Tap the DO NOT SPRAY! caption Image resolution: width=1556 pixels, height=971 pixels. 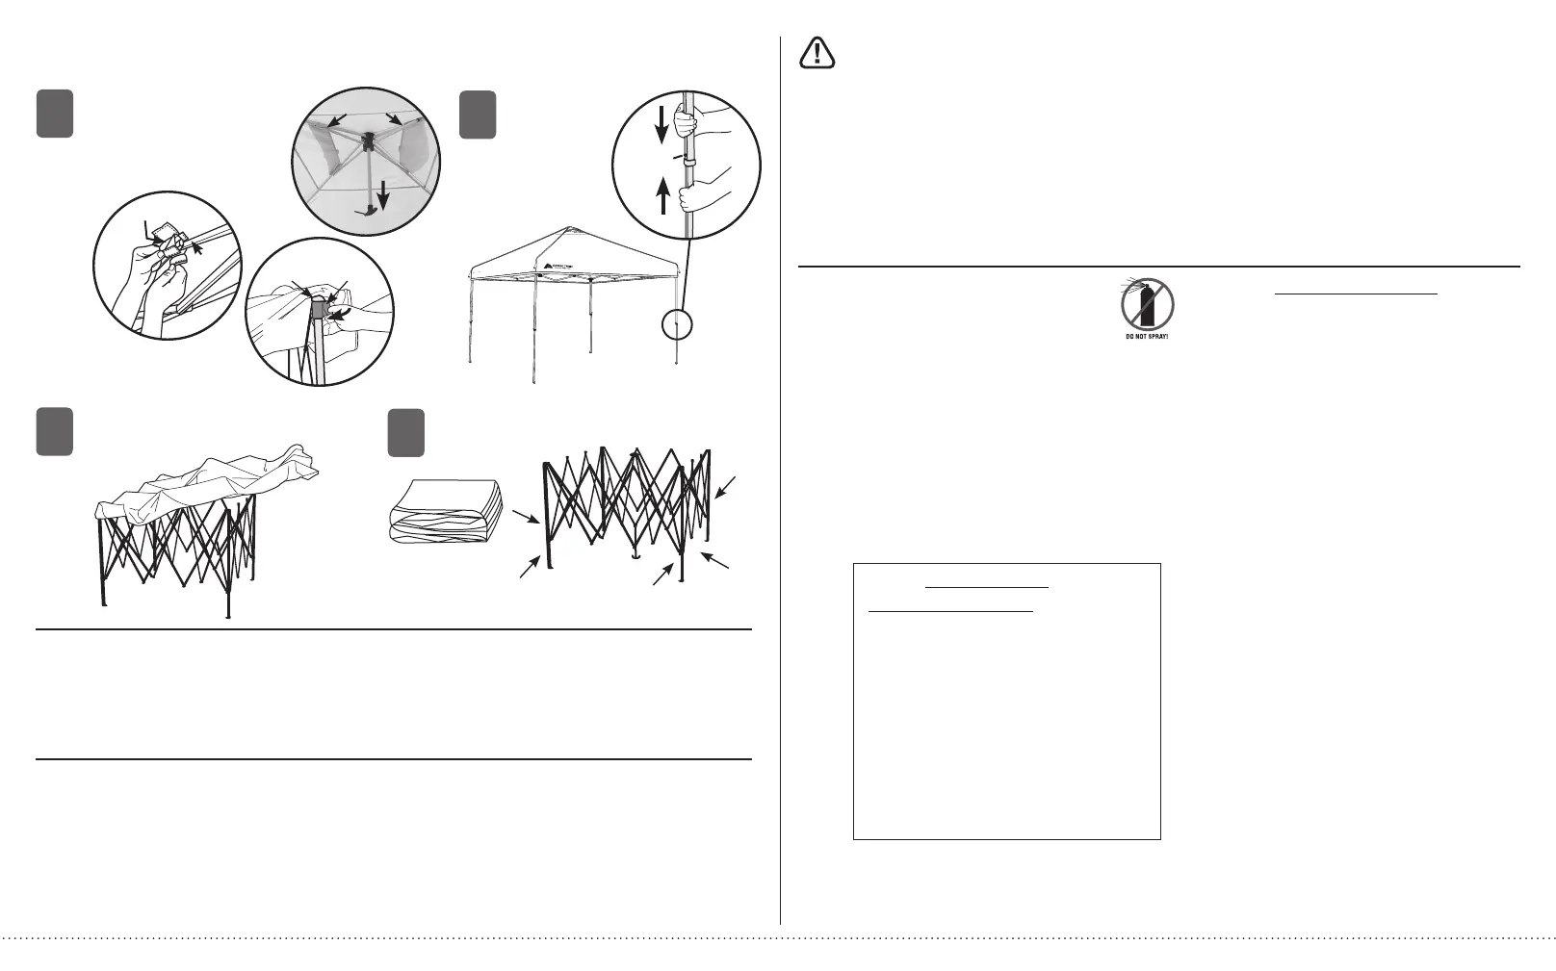[1147, 336]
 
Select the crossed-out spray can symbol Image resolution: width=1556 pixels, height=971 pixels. [1147, 304]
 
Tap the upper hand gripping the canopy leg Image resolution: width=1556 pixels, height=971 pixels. [686, 122]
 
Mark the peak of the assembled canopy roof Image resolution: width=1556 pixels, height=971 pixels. [572, 228]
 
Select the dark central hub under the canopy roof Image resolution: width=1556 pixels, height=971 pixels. [367, 142]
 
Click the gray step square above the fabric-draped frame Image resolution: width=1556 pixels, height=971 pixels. [55, 432]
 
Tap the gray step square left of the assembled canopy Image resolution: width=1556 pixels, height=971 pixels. [479, 115]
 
